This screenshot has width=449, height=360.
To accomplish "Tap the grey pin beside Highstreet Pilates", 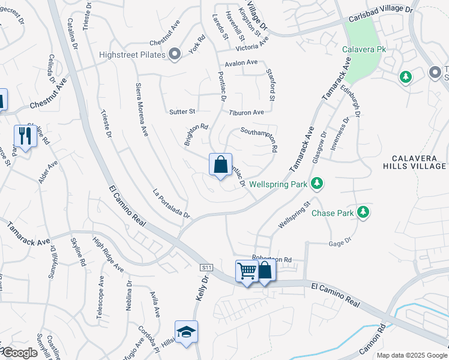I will pyautogui.click(x=175, y=55).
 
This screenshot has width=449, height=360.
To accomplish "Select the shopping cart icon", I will pyautogui.click(x=247, y=271).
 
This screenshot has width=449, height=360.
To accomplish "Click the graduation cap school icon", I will pyautogui.click(x=186, y=332).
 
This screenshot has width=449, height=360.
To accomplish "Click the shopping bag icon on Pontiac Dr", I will pyautogui.click(x=220, y=164).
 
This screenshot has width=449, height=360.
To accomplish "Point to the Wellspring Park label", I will pyautogui.click(x=277, y=184).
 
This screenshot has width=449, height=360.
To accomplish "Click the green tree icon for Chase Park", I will pyautogui.click(x=363, y=212).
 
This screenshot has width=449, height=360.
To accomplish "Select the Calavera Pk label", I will pyautogui.click(x=364, y=50).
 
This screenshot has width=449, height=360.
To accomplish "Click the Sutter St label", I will pyautogui.click(x=182, y=112).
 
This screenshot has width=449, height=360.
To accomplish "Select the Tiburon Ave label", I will pyautogui.click(x=246, y=112).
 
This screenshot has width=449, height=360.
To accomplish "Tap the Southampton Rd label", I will pyautogui.click(x=259, y=139).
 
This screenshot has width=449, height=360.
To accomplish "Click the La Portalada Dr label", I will pyautogui.click(x=171, y=204).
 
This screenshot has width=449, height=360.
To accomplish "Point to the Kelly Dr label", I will pyautogui.click(x=200, y=287).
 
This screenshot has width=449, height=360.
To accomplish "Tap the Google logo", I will pyautogui.click(x=20, y=353).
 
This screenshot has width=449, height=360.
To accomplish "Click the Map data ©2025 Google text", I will pyautogui.click(x=411, y=355).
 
